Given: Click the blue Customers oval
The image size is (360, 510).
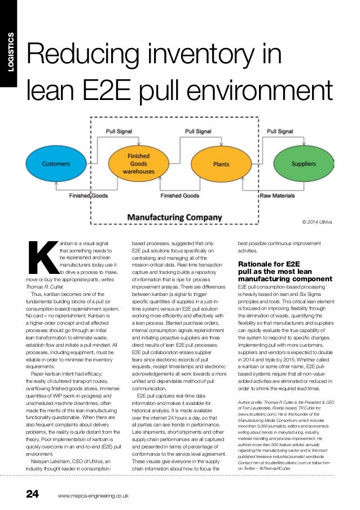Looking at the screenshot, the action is tap(56, 164).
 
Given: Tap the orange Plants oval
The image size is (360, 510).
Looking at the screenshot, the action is tap(221, 164).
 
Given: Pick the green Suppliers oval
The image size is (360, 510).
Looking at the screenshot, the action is tap(304, 164).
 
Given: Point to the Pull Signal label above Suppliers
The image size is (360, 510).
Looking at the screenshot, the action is tap(279, 131).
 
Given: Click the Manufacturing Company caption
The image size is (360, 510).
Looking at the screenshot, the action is tap(174, 216).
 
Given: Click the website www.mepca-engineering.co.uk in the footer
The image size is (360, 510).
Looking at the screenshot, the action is tap(94, 496).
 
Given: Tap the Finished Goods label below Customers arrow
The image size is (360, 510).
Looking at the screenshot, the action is tap(87, 195).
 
